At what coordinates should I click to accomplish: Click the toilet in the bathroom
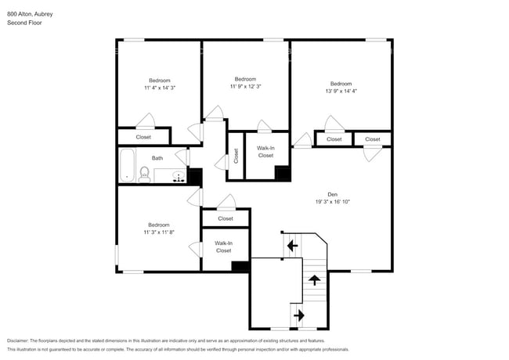144,174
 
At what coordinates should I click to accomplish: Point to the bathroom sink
179,175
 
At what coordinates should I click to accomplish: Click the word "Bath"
157,158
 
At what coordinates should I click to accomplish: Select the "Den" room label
332,194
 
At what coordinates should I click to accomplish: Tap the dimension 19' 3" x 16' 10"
332,202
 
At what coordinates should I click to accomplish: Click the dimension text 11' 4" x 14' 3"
160,88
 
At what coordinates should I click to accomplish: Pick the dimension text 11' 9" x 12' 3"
245,87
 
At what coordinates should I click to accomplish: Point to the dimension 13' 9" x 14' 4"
341,92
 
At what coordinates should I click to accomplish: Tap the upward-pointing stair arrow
314,279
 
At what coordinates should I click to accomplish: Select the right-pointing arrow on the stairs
298,315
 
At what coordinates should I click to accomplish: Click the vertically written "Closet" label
236,157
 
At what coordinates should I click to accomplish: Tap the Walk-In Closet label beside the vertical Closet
265,151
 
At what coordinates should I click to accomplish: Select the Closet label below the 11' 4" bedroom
143,137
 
